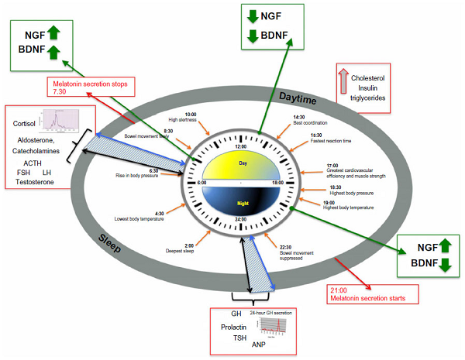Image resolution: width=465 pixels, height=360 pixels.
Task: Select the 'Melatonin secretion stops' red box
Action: tap(91, 87)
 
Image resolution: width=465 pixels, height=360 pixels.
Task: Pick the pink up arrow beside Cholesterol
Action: tap(344, 81)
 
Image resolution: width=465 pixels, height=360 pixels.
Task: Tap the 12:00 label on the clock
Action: tap(240, 146)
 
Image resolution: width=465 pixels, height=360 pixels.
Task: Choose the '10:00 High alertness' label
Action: tap(181, 118)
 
